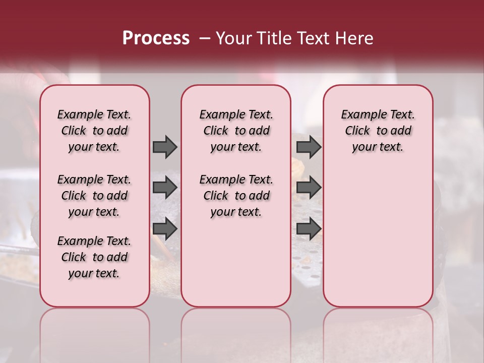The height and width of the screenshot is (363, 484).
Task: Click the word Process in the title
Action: tap(156, 38)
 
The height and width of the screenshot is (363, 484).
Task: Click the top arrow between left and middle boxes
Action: tap(165, 147)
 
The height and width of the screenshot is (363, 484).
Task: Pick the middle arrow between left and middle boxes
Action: tap(165, 188)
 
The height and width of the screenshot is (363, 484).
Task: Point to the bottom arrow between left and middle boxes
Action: tap(165, 228)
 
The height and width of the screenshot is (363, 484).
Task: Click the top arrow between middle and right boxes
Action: tap(309, 147)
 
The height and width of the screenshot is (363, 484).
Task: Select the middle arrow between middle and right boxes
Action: tap(309, 188)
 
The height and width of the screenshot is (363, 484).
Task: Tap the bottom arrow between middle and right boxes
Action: tap(309, 228)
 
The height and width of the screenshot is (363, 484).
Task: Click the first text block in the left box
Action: tap(94, 131)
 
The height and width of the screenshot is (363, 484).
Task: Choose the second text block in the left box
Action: tap(94, 196)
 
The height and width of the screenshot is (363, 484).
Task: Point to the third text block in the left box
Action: tap(94, 257)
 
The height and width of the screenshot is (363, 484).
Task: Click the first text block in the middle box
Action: tap(236, 131)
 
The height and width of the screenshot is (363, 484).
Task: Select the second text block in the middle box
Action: tap(236, 196)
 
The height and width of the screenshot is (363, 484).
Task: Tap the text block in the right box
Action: tap(378, 131)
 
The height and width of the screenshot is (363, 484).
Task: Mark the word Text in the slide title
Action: tap(312, 38)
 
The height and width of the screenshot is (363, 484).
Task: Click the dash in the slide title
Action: tap(204, 39)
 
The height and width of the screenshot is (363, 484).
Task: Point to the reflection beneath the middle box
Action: tap(236, 333)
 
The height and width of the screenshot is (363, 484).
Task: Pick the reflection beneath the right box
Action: tap(378, 333)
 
